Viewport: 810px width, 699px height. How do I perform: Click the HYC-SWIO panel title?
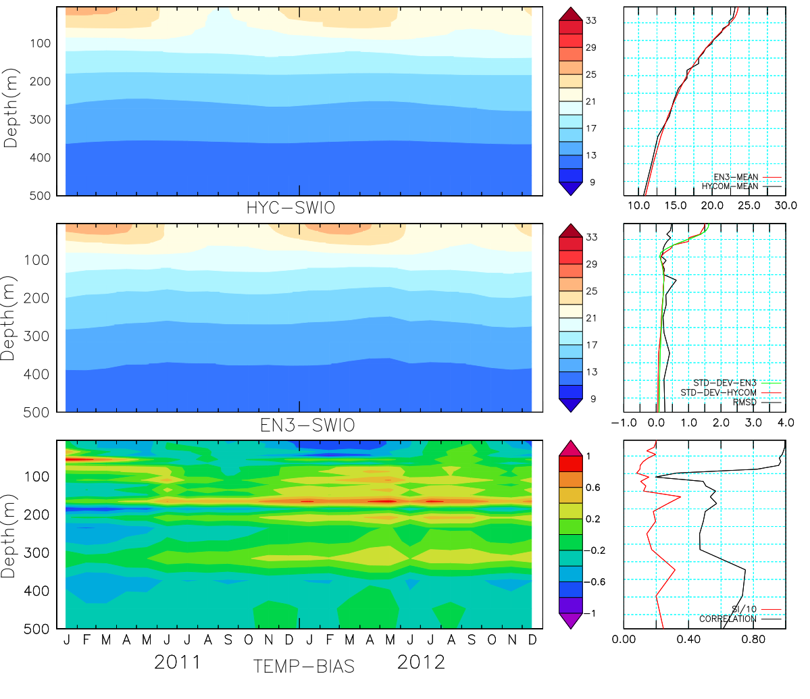tap(290, 208)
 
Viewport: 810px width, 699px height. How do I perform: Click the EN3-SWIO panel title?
tap(307, 425)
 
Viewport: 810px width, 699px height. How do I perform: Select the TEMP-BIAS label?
tap(304, 667)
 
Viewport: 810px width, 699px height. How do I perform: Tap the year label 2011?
tap(178, 662)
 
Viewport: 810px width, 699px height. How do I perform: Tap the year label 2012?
tap(421, 662)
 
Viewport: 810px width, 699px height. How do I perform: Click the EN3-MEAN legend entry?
tap(736, 177)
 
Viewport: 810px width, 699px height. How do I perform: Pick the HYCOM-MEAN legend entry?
tap(730, 186)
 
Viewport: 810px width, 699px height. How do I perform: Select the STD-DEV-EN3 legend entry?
tap(725, 383)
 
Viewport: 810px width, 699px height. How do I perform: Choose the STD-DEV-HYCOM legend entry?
tap(718, 392)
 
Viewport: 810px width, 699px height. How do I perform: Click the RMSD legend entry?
tap(744, 403)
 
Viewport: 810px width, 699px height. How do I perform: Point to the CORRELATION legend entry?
tap(728, 619)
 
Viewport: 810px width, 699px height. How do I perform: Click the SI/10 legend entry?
tap(744, 609)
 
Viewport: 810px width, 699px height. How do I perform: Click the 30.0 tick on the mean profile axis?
tap(785, 205)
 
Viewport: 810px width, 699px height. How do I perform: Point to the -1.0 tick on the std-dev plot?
tap(624, 423)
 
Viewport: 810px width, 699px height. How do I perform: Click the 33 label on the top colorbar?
tap(591, 21)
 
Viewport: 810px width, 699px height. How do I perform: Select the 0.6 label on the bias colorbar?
tap(592, 488)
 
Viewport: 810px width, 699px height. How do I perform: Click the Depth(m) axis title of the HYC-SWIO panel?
tap(11, 108)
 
